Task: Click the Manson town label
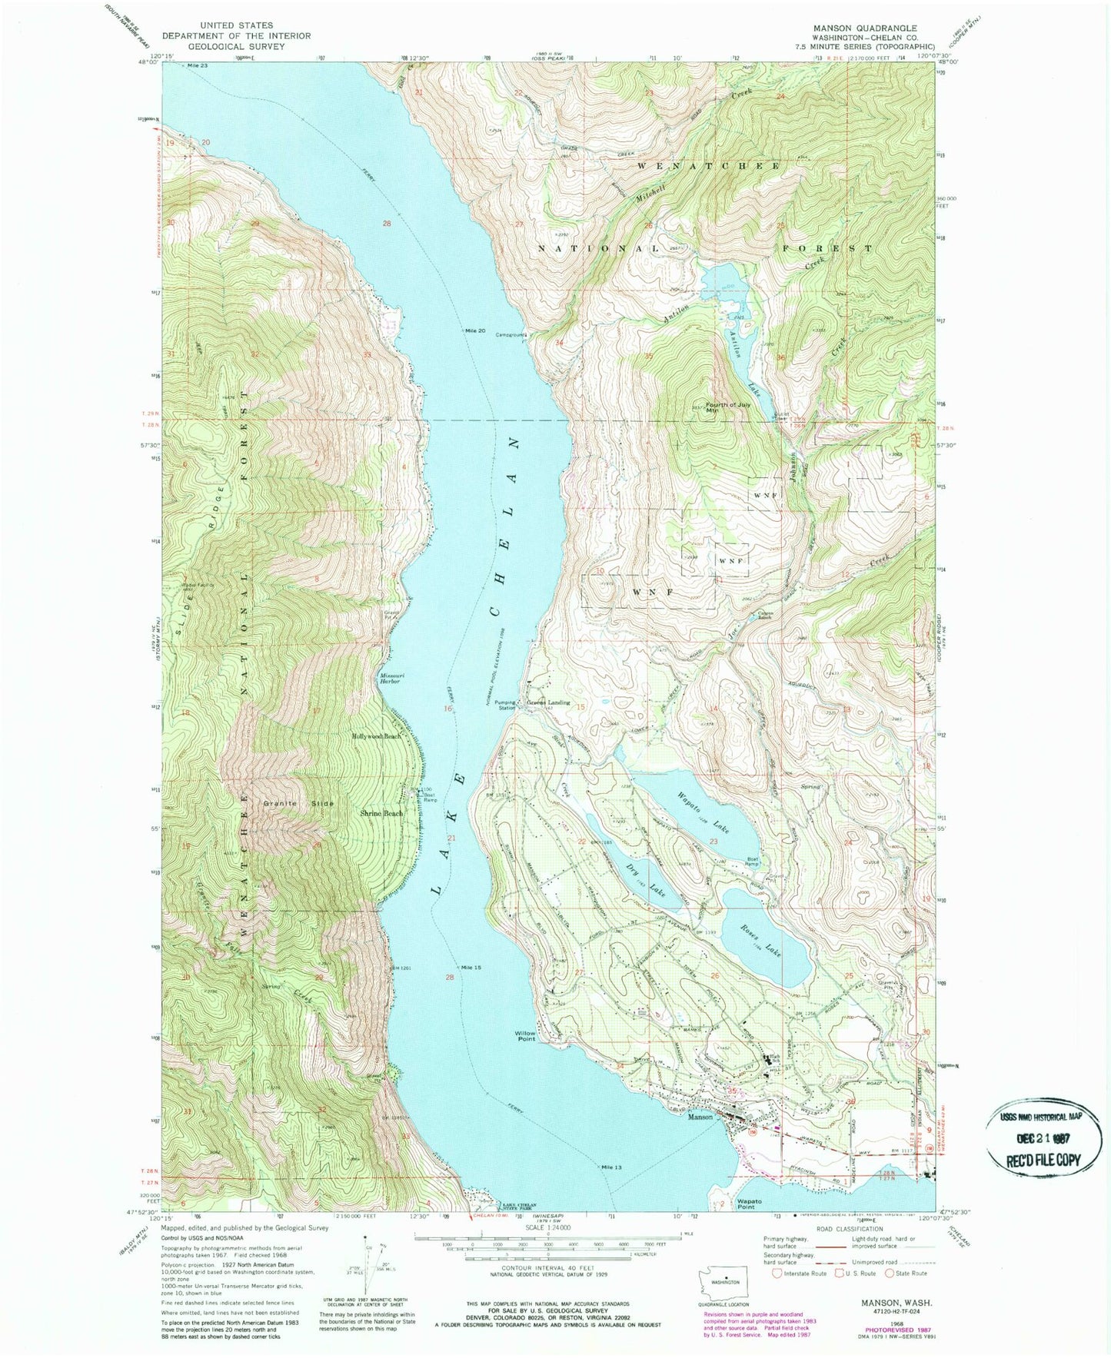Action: pos(700,1116)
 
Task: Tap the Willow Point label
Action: pos(525,1037)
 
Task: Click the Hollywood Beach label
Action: pos(377,736)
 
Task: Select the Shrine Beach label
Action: pos(381,813)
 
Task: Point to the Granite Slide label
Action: pos(298,803)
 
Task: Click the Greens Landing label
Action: pos(548,702)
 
